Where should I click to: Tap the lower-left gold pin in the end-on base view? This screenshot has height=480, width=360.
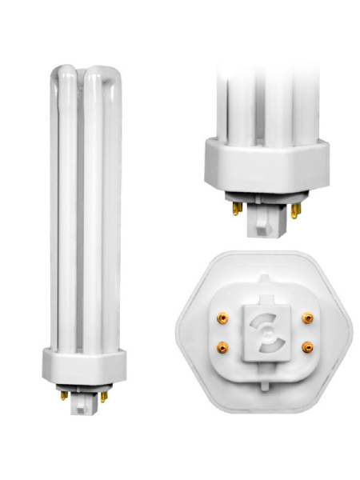click(x=222, y=346)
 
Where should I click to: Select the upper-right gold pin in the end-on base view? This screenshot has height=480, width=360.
click(x=307, y=318)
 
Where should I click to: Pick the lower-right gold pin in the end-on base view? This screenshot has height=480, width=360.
click(x=307, y=347)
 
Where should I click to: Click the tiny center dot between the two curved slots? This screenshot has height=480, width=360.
click(x=264, y=331)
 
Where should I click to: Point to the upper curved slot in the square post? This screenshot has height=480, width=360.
click(x=264, y=321)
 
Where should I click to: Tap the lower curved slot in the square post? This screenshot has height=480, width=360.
click(x=265, y=342)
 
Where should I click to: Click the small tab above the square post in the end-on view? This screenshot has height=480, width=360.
click(x=265, y=296)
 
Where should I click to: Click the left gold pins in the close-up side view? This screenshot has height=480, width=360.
click(x=237, y=208)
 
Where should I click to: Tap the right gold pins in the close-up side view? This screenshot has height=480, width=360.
click(x=295, y=210)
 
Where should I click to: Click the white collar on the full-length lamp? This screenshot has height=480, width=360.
click(x=82, y=365)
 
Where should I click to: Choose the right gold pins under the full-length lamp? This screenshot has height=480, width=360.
click(x=102, y=395)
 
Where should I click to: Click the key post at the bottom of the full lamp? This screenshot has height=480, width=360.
click(x=83, y=404)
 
